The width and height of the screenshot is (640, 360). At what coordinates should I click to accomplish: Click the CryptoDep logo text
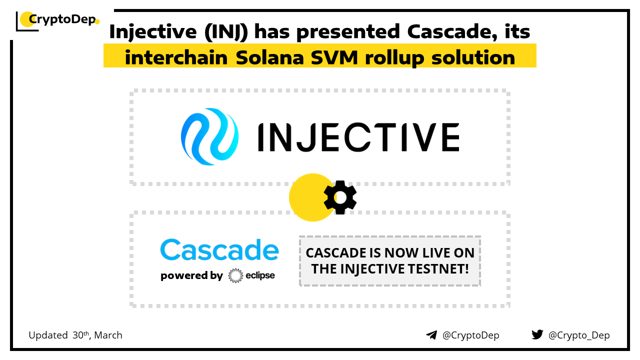pos(62,19)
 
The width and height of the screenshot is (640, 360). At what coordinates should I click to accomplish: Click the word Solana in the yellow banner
pos(270,57)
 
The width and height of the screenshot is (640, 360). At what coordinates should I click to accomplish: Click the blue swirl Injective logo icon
pos(209,136)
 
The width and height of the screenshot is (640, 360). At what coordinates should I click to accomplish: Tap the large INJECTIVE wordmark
pos(358,137)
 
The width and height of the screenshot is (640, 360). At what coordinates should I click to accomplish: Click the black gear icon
pos(340,197)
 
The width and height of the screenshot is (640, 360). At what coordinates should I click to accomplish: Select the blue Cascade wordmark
pos(219,249)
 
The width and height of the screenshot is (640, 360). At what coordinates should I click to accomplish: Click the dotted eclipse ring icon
pos(235,275)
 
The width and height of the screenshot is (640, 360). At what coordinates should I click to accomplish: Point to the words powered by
pos(191,275)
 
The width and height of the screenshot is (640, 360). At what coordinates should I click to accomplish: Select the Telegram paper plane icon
pos(431,335)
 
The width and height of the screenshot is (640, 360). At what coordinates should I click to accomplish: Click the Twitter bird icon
pos(537,334)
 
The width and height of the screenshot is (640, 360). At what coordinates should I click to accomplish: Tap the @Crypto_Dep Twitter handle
pos(579,335)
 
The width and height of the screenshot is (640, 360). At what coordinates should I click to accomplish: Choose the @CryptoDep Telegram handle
pos(470,335)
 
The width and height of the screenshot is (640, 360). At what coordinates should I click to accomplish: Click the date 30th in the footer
pos(81,335)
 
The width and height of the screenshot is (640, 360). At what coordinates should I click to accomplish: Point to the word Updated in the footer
pos(48,335)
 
